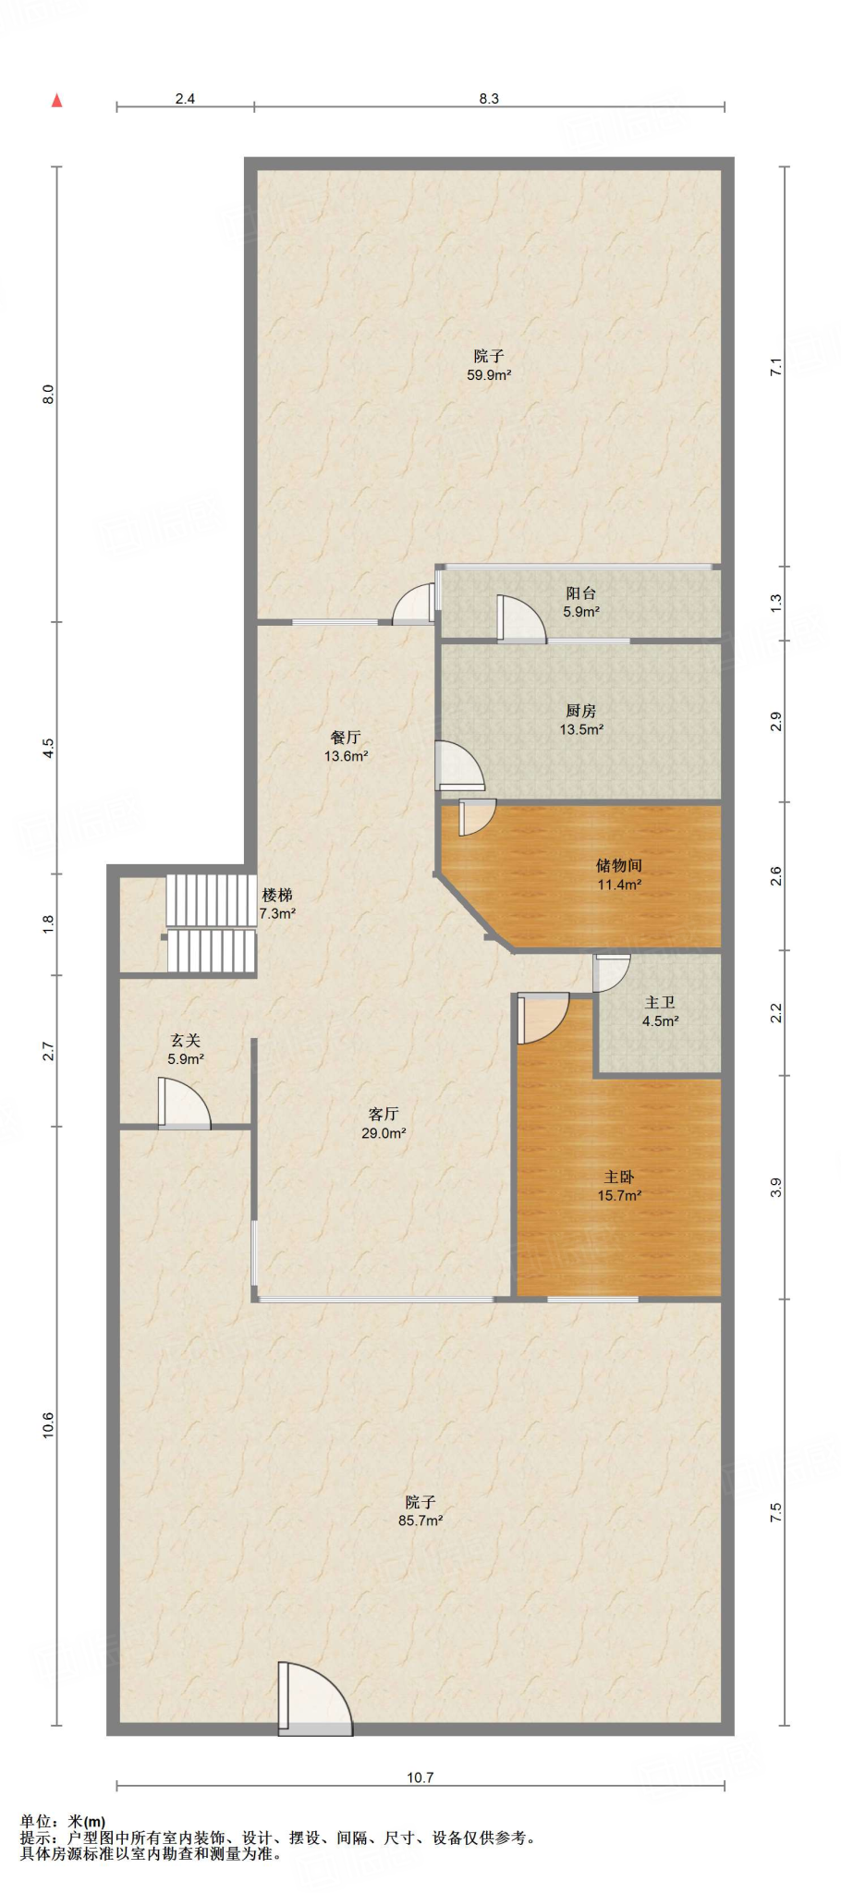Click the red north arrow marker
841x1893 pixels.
(x=56, y=101)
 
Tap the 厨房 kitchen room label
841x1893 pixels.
(x=581, y=711)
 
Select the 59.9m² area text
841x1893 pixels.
(x=489, y=375)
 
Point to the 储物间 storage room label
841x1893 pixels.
(x=619, y=865)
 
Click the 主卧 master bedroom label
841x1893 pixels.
(x=619, y=1177)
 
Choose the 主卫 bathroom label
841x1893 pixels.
(x=660, y=1002)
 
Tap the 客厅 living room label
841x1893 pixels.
(x=384, y=1114)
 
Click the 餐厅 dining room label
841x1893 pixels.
(x=346, y=737)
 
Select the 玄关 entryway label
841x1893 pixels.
(x=185, y=1041)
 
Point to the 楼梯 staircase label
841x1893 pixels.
(x=277, y=895)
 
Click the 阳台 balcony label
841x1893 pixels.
(x=581, y=593)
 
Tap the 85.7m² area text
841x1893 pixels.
(x=420, y=1521)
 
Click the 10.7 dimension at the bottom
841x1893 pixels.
(x=420, y=1777)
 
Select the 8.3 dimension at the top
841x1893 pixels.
(x=489, y=99)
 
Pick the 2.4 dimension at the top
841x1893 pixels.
(x=185, y=99)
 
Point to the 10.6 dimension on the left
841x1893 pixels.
(x=48, y=1424)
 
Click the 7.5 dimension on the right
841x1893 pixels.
(x=776, y=1512)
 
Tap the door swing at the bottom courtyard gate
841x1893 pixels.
(x=315, y=1698)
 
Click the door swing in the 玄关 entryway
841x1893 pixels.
(x=185, y=1103)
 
